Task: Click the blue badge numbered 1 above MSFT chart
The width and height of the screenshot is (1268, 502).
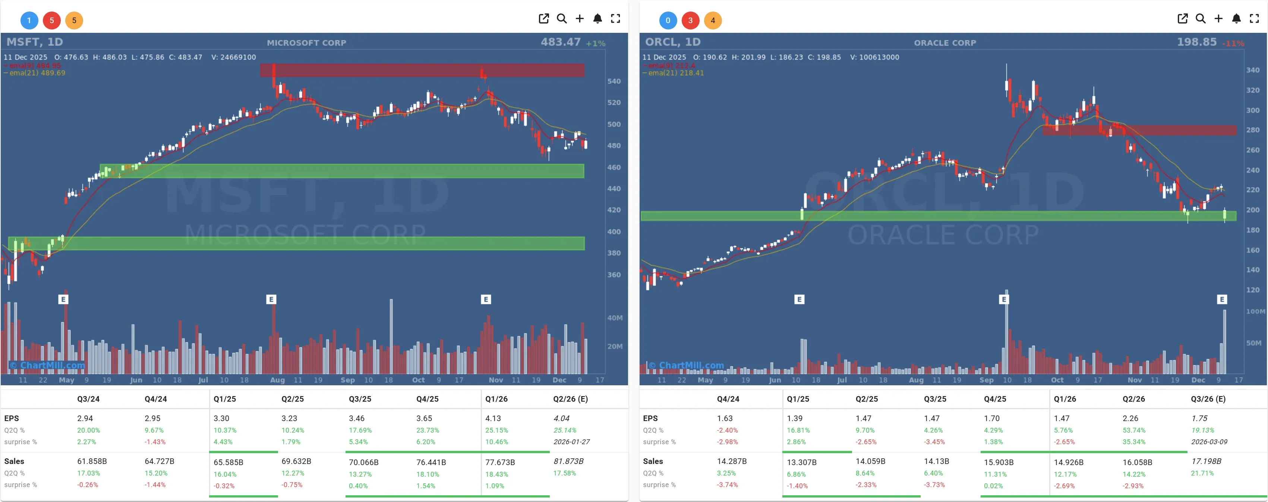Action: coord(29,20)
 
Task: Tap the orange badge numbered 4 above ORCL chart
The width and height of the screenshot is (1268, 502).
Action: coord(712,20)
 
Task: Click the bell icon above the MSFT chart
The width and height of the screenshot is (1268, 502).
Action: coord(597,19)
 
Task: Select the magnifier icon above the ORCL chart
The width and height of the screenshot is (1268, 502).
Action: coord(1200,19)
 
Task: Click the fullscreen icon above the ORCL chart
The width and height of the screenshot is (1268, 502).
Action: coord(1254,19)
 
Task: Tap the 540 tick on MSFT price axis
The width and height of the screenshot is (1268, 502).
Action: coord(614,81)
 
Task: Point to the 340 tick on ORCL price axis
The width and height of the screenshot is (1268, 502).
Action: coord(1252,70)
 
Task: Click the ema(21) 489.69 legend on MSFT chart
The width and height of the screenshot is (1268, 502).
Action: coord(37,73)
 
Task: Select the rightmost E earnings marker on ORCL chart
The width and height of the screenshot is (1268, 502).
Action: coord(1221,299)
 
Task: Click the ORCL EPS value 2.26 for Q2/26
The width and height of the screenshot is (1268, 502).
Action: coord(1130,418)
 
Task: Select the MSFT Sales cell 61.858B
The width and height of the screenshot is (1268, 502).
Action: coord(92,461)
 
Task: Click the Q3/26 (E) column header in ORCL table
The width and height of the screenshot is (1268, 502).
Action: coord(1208,399)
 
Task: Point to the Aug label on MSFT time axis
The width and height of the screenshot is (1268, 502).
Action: coord(277,380)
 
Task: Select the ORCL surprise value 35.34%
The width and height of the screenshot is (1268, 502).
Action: coord(1133,442)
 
